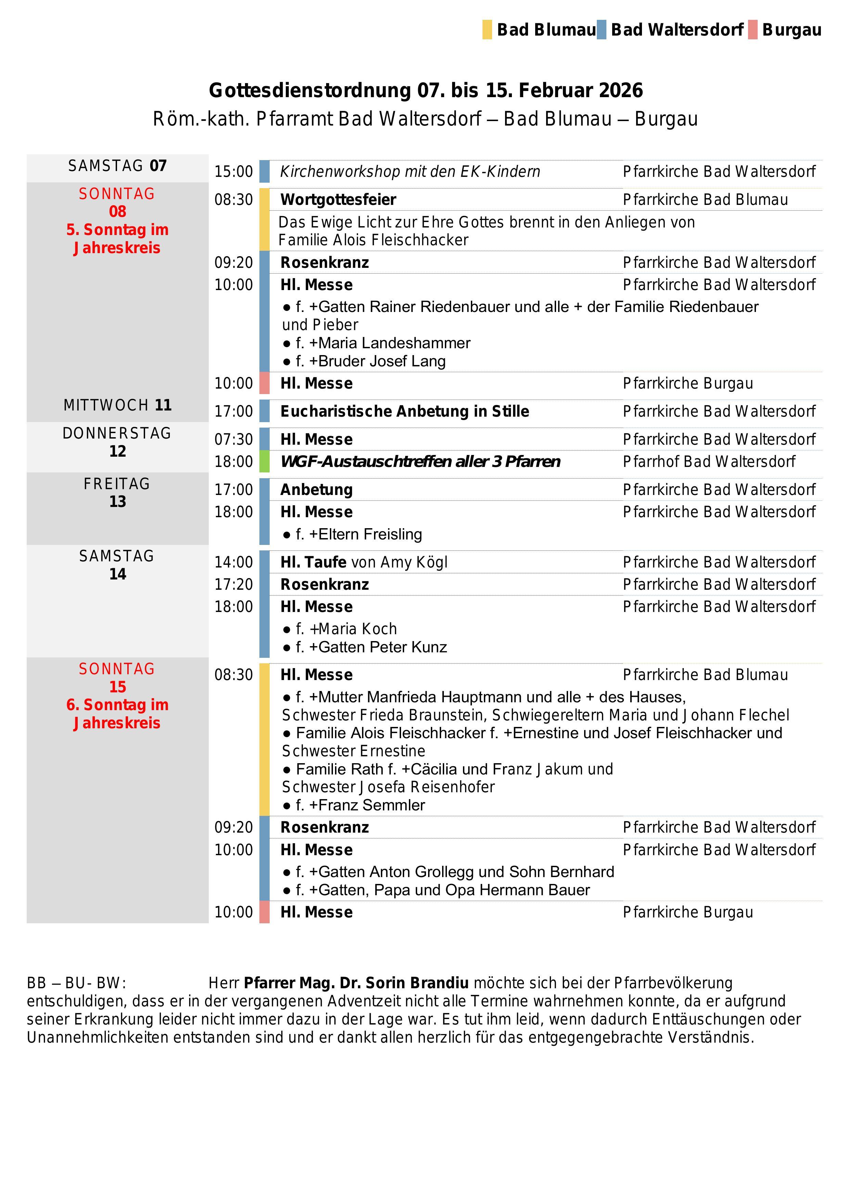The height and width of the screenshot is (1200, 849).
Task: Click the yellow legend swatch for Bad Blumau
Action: coord(487,30)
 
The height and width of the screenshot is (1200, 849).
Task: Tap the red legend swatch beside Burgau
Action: coord(753,30)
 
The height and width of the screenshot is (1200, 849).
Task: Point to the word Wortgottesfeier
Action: coord(338,200)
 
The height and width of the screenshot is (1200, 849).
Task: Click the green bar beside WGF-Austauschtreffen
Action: coord(265,461)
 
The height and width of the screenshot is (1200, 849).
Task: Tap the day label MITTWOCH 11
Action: coord(118,405)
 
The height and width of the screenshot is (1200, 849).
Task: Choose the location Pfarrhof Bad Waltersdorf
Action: coord(709,461)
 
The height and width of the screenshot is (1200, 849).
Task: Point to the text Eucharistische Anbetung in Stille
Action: coord(404,411)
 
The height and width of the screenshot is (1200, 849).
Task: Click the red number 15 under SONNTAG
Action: coord(118,687)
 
